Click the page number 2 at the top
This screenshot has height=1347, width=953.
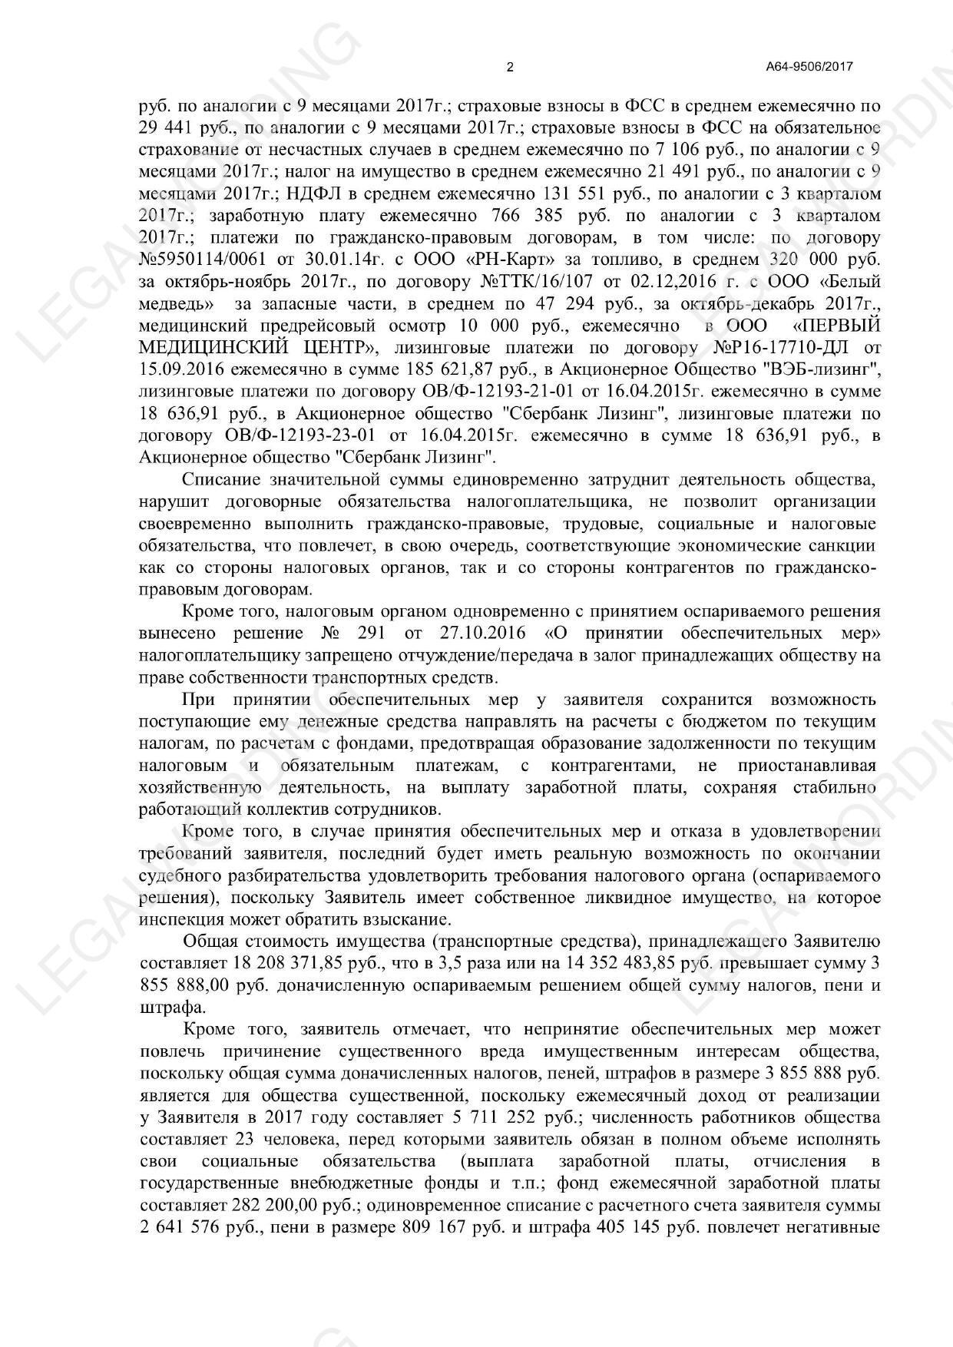[510, 67]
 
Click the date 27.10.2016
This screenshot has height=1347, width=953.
[483, 634]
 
